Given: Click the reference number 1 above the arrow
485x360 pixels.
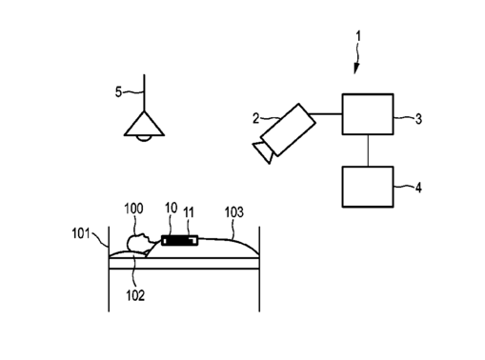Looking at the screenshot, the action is (x=358, y=36).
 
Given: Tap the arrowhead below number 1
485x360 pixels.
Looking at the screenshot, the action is (x=356, y=69).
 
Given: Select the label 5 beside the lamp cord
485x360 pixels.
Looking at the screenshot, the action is (x=118, y=92).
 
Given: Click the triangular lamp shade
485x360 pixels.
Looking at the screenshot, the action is (x=144, y=125).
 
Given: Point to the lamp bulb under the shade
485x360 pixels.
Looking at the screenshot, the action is (x=144, y=138).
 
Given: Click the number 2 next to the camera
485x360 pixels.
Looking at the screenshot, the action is (x=256, y=118).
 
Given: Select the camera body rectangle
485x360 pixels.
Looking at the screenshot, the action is (x=288, y=130).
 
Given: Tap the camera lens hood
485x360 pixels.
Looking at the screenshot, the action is (x=263, y=152).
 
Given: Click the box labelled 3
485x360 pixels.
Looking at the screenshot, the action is (x=368, y=114).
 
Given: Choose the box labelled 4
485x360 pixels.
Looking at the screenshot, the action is (x=368, y=187).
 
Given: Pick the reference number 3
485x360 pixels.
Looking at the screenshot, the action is (x=418, y=119).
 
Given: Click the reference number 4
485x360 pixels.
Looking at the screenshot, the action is (x=418, y=188).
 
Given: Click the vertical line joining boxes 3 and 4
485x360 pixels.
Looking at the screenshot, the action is (x=368, y=150).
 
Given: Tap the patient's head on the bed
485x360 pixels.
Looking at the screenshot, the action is (x=138, y=243).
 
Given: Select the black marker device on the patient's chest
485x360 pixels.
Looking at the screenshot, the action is (x=179, y=240).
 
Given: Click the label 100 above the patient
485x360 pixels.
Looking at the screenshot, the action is (x=133, y=209).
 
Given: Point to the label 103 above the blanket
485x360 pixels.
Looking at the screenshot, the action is (x=234, y=212).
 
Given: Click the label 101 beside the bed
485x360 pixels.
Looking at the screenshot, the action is (x=81, y=233).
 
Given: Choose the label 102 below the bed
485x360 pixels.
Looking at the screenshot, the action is (x=135, y=295).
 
